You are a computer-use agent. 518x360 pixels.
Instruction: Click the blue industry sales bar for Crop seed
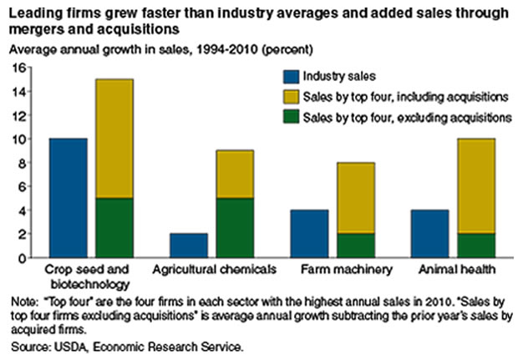click(x=69, y=198)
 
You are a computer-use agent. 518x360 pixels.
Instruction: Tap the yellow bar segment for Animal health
click(x=475, y=186)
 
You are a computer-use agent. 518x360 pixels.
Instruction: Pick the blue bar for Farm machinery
click(x=309, y=234)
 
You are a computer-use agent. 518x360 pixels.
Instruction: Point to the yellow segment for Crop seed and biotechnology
click(x=114, y=139)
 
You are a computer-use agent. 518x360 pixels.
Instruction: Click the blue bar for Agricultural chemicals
click(x=190, y=246)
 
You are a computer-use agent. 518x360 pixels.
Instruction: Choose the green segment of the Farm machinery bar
click(x=355, y=246)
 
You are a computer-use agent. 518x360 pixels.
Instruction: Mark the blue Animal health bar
click(x=429, y=234)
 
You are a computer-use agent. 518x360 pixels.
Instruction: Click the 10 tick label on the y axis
click(x=21, y=139)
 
